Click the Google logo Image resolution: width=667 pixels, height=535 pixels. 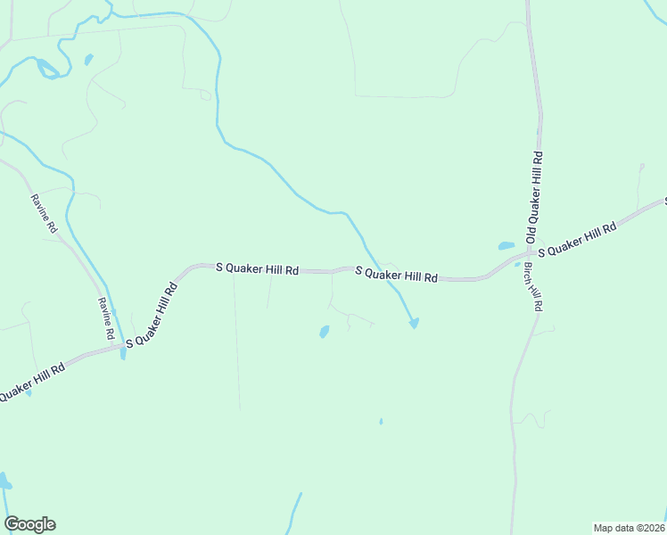pos(29,524)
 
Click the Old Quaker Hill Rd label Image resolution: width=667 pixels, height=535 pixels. pos(534,197)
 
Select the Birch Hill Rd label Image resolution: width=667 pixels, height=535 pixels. pos(533,286)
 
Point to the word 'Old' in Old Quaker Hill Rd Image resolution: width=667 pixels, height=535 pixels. pos(531,235)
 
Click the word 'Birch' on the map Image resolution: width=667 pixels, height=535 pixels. pos(530,273)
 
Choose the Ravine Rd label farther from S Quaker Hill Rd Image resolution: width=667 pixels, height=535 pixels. pos(43,213)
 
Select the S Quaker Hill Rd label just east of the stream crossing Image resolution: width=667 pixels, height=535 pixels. pos(397,275)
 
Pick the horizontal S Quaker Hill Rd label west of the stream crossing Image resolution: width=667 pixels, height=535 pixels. pos(258,267)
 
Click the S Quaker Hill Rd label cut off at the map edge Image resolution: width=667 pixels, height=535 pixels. pos(31,381)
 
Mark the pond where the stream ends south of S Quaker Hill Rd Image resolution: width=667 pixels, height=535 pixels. pos(414,323)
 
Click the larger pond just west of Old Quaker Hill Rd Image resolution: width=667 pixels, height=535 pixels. pos(506,246)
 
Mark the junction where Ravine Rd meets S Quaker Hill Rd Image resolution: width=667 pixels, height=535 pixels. pos(122,346)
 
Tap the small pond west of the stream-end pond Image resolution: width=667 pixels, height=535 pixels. pos(324,332)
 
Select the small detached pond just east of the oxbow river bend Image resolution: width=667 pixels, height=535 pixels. pos(88,60)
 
